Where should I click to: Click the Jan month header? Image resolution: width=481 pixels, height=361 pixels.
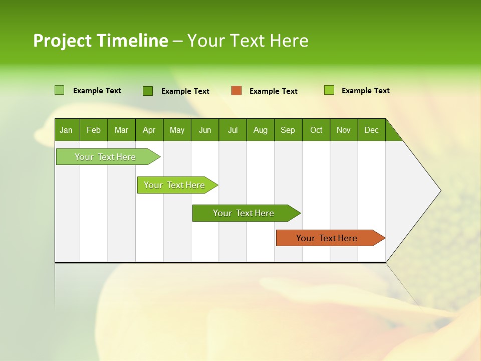(x=66, y=130)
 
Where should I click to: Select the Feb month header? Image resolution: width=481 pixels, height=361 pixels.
(x=94, y=130)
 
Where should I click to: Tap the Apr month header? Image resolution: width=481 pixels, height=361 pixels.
(x=149, y=130)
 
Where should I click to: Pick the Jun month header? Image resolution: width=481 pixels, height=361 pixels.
(x=205, y=130)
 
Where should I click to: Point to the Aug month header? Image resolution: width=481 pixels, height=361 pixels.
(x=260, y=130)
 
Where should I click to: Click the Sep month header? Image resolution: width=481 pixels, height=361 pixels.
(x=288, y=130)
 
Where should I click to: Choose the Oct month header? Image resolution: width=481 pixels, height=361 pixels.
(x=316, y=130)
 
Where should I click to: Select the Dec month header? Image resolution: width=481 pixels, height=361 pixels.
(x=371, y=130)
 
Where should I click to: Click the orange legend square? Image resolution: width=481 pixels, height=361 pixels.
(x=236, y=91)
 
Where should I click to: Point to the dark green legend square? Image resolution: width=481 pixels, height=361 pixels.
(x=148, y=91)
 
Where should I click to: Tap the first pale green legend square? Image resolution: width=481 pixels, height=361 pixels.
(x=59, y=90)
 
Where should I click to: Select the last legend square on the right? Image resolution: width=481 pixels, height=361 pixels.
(x=329, y=90)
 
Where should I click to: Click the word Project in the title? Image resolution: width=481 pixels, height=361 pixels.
(x=63, y=41)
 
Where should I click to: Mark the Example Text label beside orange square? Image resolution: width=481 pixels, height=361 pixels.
(x=273, y=91)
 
